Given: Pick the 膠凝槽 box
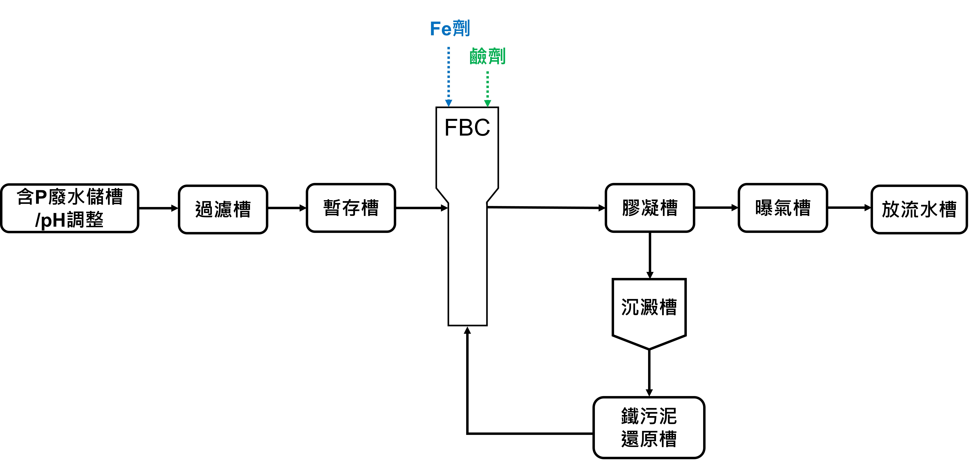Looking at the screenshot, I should tap(650, 208).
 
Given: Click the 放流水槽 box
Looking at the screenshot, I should tap(919, 209).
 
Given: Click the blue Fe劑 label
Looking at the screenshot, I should tap(450, 29).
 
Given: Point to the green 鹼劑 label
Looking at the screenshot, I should tap(488, 56).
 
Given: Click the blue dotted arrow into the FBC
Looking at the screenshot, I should tap(448, 75).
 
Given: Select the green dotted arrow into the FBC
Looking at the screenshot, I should tap(488, 88).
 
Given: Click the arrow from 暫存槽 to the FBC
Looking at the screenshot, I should tap(421, 208).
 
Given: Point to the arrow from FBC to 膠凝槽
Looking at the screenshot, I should tap(545, 207).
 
